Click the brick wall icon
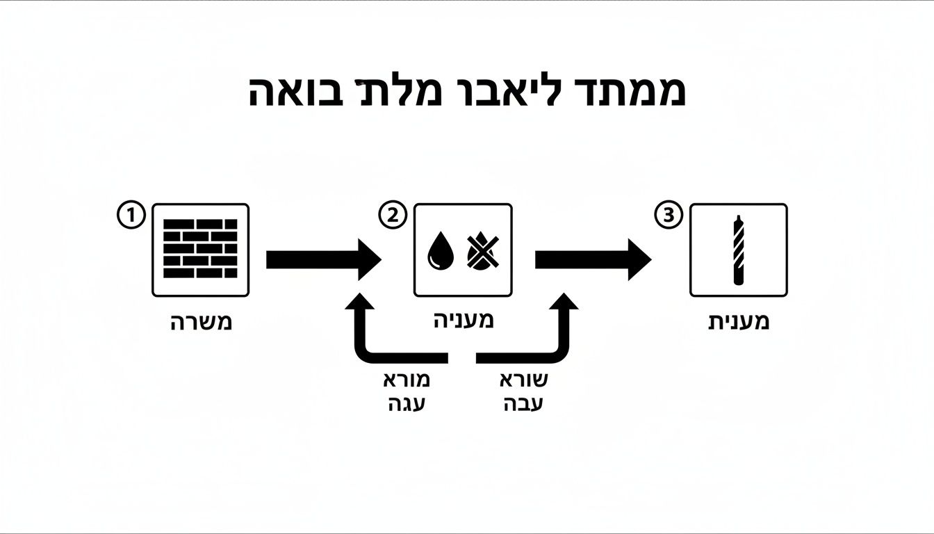tap(200, 250)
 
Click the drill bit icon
tap(738, 250)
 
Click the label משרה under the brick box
tap(201, 323)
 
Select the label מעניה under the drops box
tap(464, 321)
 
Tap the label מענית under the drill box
tap(738, 323)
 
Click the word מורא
tap(407, 380)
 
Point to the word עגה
tap(407, 404)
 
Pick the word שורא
tap(523, 380)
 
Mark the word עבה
tap(523, 404)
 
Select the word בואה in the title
tap(288, 92)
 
